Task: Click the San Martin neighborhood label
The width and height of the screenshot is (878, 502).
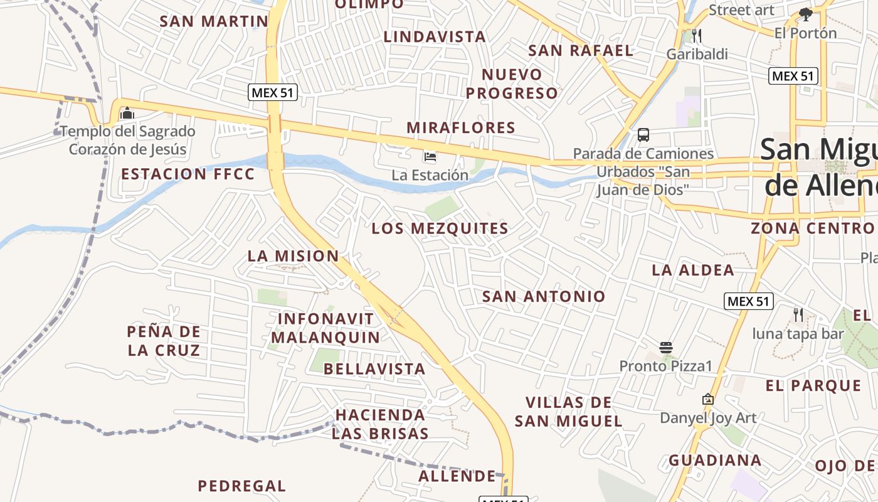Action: pos(214,21)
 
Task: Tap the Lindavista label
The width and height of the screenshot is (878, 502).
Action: pos(435,37)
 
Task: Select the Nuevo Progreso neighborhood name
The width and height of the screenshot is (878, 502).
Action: pos(512,84)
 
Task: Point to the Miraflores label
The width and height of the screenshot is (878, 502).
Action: pos(461,128)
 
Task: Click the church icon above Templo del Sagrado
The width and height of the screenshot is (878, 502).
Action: pos(127,113)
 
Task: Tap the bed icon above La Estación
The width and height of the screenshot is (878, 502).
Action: pos(430,156)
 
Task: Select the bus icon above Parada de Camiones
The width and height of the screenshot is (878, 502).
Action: pos(643,134)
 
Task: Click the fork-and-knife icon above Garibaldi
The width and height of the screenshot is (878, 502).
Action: pos(697,35)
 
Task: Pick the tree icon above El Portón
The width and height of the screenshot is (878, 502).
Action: pos(806,14)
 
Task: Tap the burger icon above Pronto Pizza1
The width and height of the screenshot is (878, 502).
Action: pos(666,347)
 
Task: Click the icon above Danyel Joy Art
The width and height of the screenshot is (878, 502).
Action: pos(708,399)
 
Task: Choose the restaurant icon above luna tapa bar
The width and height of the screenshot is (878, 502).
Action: pos(798,314)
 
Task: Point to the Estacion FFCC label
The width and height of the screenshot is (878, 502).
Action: pos(188,174)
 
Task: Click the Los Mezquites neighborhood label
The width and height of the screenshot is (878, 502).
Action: pos(440,229)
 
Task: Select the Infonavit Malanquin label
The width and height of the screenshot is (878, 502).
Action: pos(325,328)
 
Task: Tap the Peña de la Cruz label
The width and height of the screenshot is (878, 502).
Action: pos(164,341)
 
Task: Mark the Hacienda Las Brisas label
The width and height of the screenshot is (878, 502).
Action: pos(380,424)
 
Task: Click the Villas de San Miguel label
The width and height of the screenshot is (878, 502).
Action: pos(569,412)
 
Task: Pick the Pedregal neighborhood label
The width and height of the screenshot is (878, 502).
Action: pos(242,486)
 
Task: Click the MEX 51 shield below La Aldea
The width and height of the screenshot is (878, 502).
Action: pos(749,301)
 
